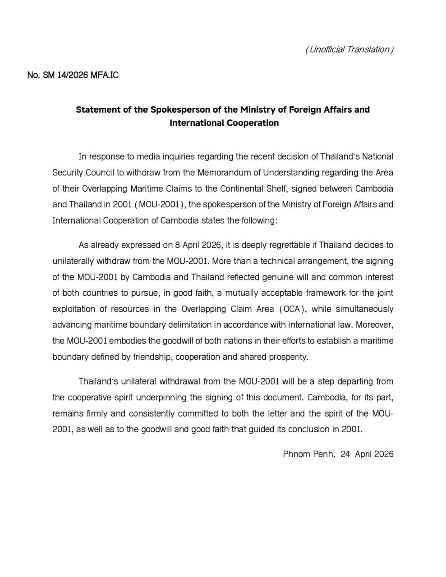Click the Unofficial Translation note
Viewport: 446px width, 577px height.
pyautogui.click(x=349, y=49)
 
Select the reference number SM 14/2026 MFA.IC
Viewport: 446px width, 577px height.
pyautogui.click(x=80, y=75)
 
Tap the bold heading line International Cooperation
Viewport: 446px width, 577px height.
pyautogui.click(x=224, y=123)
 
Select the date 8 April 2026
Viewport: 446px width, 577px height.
pyautogui.click(x=197, y=245)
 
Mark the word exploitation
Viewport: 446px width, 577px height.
pyautogui.click(x=74, y=309)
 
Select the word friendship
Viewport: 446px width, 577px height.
pyautogui.click(x=152, y=357)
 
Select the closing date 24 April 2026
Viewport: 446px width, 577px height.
pyautogui.click(x=367, y=454)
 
